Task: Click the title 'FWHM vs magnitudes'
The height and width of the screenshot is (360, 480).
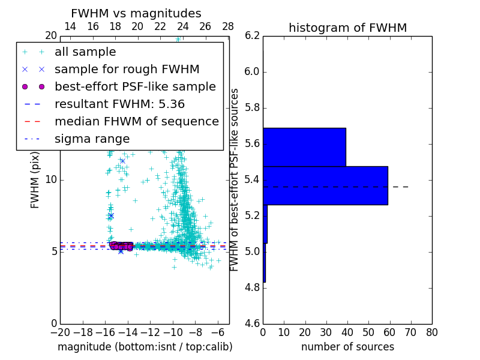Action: tap(136, 13)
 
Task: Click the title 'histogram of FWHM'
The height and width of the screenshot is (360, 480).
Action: tap(347, 28)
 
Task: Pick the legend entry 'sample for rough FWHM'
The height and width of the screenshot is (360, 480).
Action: tap(127, 69)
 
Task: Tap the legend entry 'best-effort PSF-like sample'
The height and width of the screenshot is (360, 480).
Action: tap(135, 86)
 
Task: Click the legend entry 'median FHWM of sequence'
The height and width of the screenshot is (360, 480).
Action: tap(136, 121)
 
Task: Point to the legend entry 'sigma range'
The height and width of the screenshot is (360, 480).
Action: tap(92, 139)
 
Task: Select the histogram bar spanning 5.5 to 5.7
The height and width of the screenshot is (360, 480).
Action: tap(304, 147)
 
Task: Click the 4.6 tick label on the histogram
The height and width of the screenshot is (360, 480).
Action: tap(251, 323)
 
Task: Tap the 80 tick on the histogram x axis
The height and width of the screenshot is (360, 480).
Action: tap(431, 332)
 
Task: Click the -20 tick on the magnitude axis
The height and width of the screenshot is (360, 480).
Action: tap(59, 332)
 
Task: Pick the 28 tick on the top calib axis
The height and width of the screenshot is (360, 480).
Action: tap(228, 26)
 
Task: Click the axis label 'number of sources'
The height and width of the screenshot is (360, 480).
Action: tap(347, 347)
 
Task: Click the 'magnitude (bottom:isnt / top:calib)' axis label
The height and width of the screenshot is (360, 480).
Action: tap(145, 347)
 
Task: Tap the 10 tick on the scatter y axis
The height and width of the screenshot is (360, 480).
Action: tap(50, 179)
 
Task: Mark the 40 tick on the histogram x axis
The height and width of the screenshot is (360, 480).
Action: tap(347, 332)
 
